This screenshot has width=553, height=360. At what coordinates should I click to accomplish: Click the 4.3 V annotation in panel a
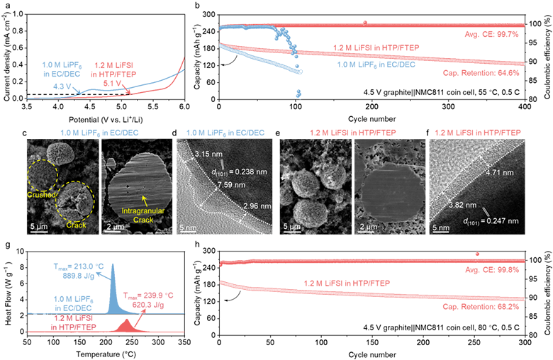pyautogui.click(x=63, y=86)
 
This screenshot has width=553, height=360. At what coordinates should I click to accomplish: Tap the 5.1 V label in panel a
pyautogui.click(x=113, y=83)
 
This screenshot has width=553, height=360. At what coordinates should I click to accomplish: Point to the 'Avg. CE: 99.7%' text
pyautogui.click(x=493, y=34)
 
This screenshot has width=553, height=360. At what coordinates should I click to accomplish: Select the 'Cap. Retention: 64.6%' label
pyautogui.click(x=481, y=73)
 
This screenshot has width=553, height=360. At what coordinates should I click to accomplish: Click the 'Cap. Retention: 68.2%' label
pyautogui.click(x=481, y=307)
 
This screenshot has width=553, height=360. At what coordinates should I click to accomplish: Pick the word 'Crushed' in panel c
pyautogui.click(x=42, y=195)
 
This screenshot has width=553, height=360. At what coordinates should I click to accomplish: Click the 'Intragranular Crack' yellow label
pyautogui.click(x=143, y=215)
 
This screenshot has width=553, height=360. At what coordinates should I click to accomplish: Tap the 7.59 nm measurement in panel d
pyautogui.click(x=232, y=185)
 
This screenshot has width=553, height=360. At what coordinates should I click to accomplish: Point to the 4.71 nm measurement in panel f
pyautogui.click(x=499, y=173)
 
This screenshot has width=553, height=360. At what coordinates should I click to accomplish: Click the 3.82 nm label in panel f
pyautogui.click(x=462, y=206)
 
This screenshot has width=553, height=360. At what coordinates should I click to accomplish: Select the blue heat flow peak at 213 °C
pyautogui.click(x=113, y=264)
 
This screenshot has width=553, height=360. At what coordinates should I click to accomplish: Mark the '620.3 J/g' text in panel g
pyautogui.click(x=148, y=305)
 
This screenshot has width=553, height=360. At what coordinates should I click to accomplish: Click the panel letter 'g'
pyautogui.click(x=4, y=245)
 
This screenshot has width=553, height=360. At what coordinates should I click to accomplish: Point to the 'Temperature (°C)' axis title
pyautogui.click(x=106, y=354)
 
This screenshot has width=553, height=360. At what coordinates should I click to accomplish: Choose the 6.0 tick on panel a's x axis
pyautogui.click(x=184, y=106)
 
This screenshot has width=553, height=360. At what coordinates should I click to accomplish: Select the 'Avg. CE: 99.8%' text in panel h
pyautogui.click(x=493, y=270)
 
